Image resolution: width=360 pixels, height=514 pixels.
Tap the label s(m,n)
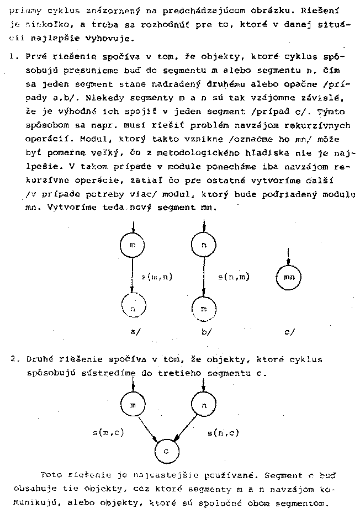[x=157, y=277]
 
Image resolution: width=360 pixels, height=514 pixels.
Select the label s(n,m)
[x=234, y=277]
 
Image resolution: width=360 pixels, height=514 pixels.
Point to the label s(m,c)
[x=108, y=432]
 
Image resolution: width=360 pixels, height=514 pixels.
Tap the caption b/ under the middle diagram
[x=207, y=332]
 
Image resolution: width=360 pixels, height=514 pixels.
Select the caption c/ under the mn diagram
[x=289, y=332]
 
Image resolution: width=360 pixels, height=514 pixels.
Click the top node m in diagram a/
[x=133, y=245]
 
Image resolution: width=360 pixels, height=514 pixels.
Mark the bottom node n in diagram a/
[x=133, y=307]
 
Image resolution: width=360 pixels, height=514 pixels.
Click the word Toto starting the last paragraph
[x=51, y=474]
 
